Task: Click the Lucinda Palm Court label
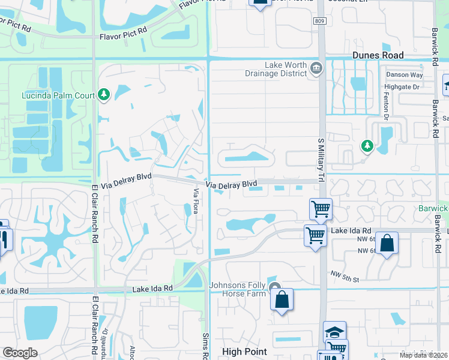tap(58, 95)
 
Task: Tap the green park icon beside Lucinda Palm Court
tap(104, 95)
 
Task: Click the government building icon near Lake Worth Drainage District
tap(315, 70)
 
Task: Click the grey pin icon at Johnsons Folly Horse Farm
tap(275, 287)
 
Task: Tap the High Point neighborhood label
tap(244, 352)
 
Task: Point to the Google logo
tap(20, 353)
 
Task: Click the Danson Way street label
tap(404, 75)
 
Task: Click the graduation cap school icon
tap(335, 332)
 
